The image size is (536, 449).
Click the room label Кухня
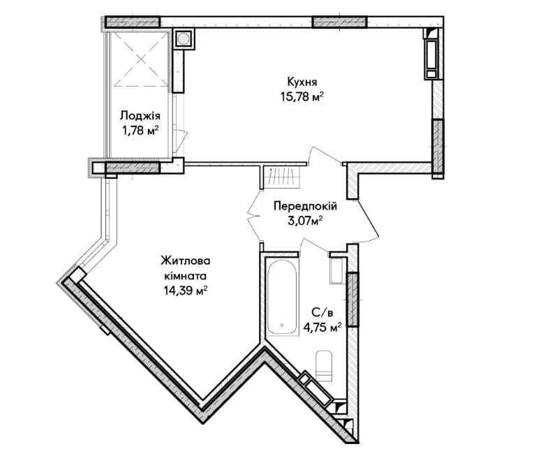coord(302,82)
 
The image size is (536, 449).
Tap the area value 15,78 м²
coord(302,97)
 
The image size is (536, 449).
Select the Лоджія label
coord(140,116)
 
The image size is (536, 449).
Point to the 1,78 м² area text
coord(140,131)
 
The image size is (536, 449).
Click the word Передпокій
coord(305,206)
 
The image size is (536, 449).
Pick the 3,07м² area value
coord(305,221)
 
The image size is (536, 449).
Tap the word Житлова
coord(186,261)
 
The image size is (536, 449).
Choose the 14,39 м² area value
coord(186,290)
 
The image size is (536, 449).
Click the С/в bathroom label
coord(322,312)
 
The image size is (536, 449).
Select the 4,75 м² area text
coord(322,327)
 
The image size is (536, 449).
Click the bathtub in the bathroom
coord(282,297)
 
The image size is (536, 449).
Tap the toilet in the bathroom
coord(324,366)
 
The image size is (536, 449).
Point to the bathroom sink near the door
coord(337,271)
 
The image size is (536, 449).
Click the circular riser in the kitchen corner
coord(184,38)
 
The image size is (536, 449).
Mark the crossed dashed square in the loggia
coord(141,59)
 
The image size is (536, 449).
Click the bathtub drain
coord(282,325)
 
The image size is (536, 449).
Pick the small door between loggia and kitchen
coord(181,141)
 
